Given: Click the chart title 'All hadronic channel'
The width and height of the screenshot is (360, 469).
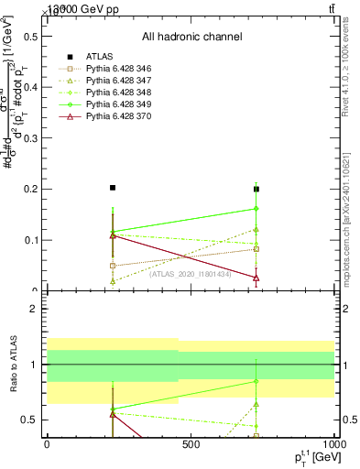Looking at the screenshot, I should point(191,37).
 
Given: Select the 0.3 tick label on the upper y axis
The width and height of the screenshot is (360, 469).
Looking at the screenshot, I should point(31,137).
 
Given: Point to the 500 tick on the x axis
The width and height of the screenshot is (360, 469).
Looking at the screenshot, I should point(191,444).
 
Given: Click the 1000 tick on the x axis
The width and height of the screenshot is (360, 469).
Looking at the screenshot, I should point(332,444).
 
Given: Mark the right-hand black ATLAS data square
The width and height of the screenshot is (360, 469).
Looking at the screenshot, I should point(256,190).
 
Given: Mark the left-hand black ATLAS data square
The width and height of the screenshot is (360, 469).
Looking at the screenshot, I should point(112,188).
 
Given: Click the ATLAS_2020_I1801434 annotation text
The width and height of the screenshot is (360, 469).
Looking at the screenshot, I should point(191,274).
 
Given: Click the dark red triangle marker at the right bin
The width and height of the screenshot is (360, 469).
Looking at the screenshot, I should point(256,278).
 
